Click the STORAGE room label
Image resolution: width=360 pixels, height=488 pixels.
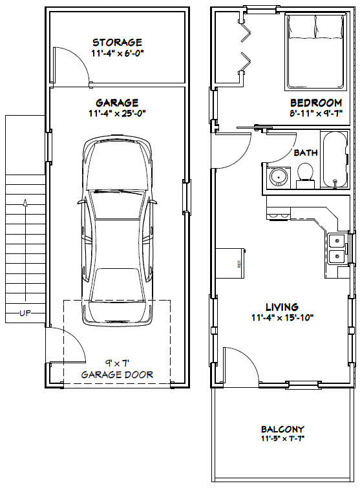coord(117,42)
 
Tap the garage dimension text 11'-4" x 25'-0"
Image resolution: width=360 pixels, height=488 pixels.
coord(117,113)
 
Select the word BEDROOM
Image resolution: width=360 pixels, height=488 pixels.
coord(316,102)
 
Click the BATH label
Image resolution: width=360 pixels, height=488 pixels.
coord(306,153)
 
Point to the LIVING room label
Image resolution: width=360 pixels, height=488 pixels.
coord(282,307)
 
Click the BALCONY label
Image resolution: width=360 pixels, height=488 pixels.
coord(282,429)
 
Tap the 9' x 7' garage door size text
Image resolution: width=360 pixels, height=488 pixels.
coord(117,363)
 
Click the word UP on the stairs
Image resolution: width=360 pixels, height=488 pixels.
coord(25,313)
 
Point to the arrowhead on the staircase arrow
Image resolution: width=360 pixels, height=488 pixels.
coord(25,203)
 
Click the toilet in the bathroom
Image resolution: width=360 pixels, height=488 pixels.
coord(305,176)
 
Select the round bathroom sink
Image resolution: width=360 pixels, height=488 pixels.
coord(278,177)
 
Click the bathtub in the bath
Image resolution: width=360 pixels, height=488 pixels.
coord(335,160)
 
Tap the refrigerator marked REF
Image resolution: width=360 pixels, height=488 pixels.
coord(231,263)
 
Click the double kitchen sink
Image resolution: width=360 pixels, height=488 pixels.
coord(337,249)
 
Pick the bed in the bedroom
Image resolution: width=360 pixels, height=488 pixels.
coord(316,52)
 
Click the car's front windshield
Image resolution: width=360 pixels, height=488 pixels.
coord(117,204)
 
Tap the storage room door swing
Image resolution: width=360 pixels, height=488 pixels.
coord(72,66)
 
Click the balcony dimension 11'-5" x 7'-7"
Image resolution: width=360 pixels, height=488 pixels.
coord(282,439)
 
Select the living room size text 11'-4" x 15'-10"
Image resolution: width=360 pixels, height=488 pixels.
coord(282,317)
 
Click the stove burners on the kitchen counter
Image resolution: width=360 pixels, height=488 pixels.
coord(279,215)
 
